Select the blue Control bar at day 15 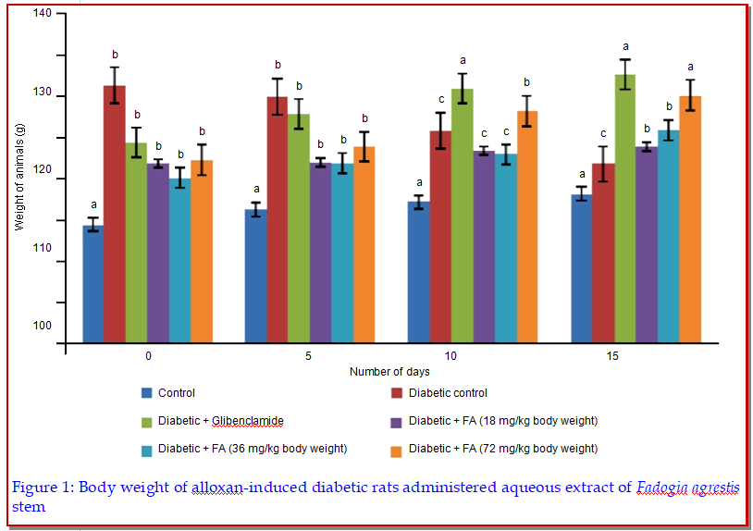[581, 268]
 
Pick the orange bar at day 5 [364, 244]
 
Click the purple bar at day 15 [646, 244]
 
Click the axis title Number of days [389, 371]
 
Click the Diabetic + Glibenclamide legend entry [220, 421]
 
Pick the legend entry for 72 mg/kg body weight [503, 449]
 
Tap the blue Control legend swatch [146, 393]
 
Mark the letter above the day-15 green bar [626, 46]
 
